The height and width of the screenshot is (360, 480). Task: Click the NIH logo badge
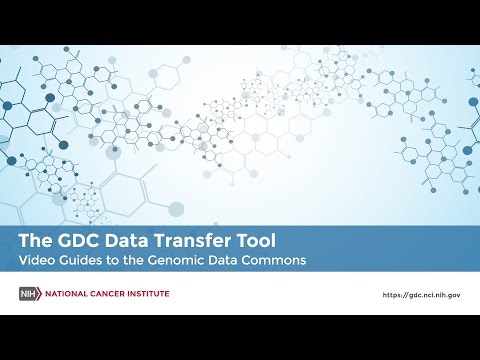click(30, 294)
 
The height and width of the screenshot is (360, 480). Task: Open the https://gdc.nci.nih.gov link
click(422, 295)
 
